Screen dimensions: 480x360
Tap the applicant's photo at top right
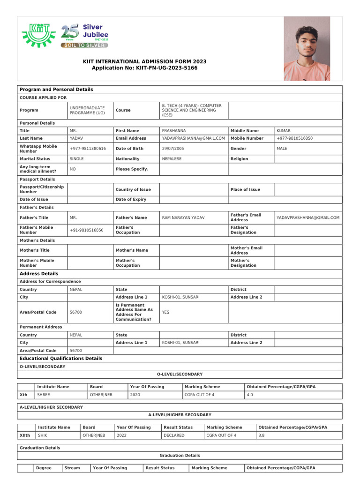(306, 49)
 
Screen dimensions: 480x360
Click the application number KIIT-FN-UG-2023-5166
(144, 68)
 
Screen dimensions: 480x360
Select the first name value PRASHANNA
(174, 131)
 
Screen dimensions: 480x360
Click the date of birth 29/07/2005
(173, 149)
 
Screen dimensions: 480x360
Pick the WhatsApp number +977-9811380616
(88, 149)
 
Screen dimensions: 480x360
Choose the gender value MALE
(282, 149)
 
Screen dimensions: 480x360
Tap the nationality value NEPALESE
(172, 159)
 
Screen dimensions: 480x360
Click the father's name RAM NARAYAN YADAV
(183, 217)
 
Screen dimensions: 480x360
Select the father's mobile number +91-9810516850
(87, 230)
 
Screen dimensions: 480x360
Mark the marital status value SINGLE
(77, 159)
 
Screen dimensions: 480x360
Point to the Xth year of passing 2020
(135, 395)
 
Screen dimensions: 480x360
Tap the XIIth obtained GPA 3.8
(262, 435)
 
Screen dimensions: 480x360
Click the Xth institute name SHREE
(44, 395)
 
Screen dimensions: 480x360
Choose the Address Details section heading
(39, 274)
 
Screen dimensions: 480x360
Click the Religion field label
(239, 159)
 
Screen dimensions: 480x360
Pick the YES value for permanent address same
(166, 312)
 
